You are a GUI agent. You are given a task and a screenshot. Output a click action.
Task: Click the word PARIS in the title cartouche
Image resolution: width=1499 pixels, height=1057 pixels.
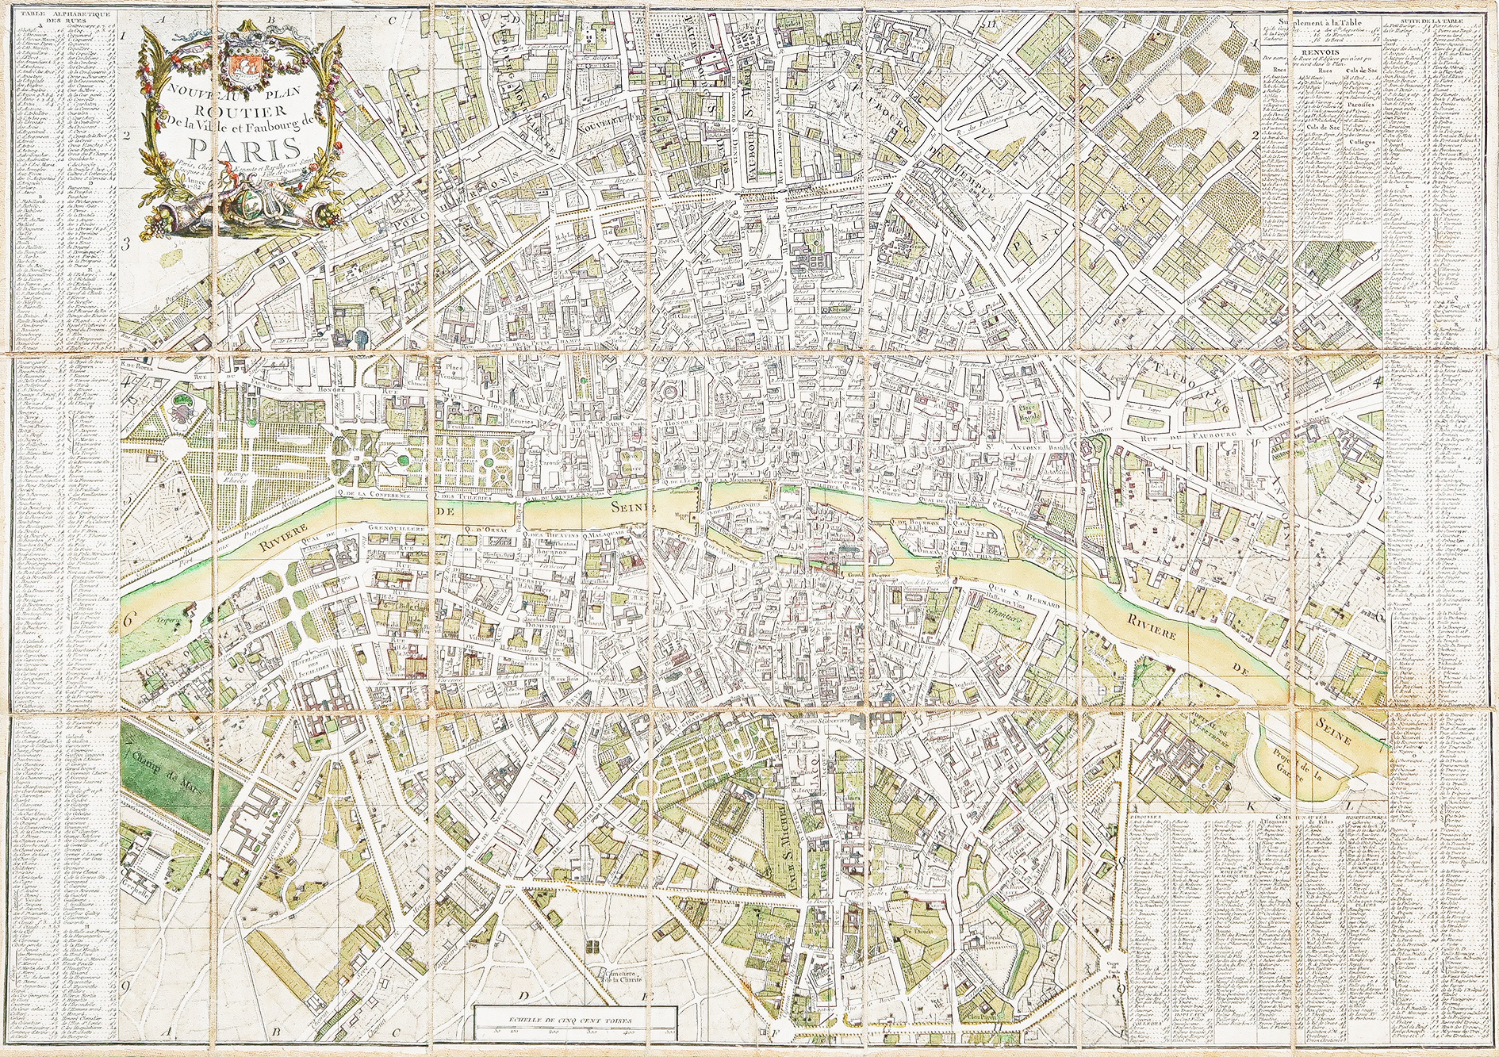244,148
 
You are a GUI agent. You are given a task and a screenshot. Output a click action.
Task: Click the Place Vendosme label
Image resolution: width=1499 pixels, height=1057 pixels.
454,372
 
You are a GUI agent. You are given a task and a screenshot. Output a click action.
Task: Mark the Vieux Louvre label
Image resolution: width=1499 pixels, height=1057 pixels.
631,463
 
